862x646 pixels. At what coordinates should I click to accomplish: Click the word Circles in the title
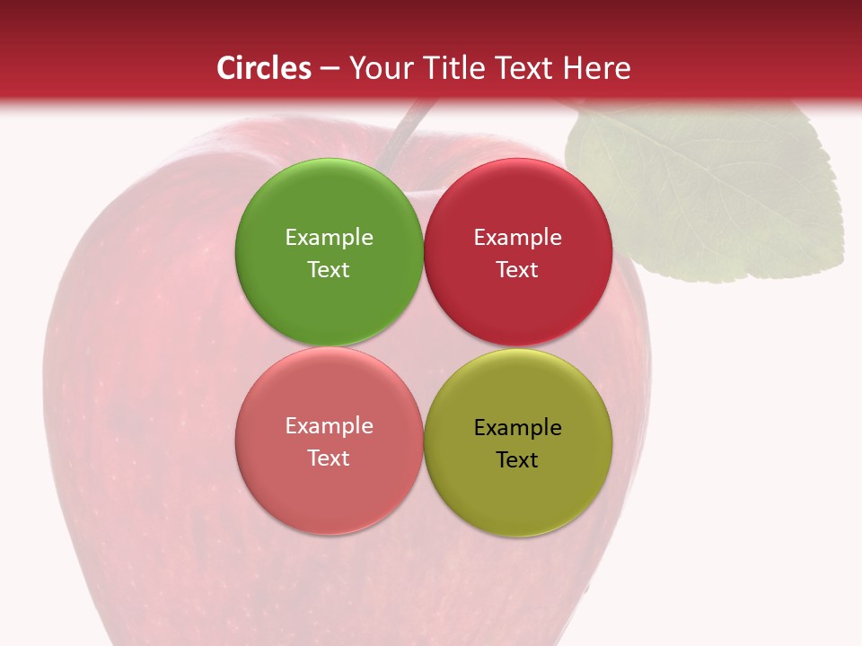[x=264, y=68]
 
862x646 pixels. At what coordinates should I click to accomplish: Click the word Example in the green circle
[x=329, y=237]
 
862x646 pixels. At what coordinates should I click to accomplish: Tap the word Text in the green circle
[x=329, y=269]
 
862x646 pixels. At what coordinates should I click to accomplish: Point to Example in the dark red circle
[x=517, y=237]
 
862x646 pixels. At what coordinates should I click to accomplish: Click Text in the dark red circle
[x=517, y=269]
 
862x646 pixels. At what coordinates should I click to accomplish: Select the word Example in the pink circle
[x=329, y=425]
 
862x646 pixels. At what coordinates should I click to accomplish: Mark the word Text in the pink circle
[x=329, y=458]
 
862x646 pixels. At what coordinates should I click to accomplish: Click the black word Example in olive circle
[x=517, y=427]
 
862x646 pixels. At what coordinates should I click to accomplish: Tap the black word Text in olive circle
[x=517, y=459]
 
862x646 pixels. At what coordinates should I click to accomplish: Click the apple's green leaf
[x=709, y=193]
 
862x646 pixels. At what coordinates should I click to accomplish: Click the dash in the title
[x=330, y=69]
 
